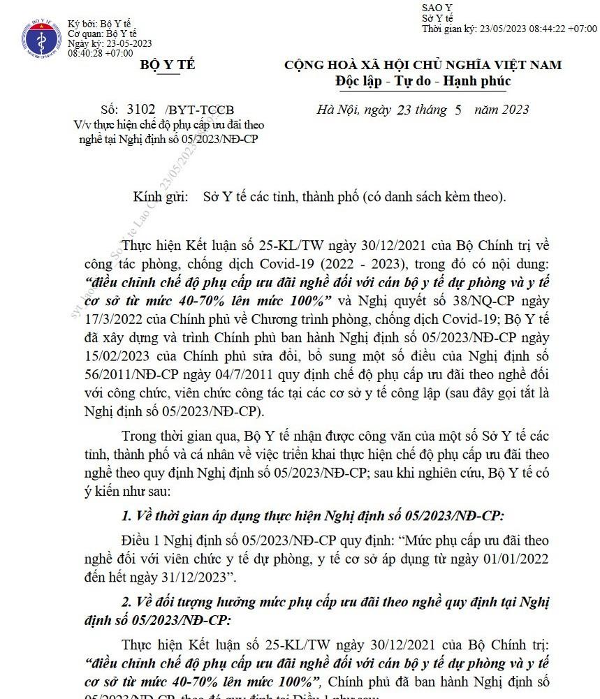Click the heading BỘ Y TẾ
[x=168, y=66]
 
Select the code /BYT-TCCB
[x=199, y=110]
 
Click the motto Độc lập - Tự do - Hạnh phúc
[x=423, y=82]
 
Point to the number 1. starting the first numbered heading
[x=126, y=517]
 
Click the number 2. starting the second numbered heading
[x=126, y=601]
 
